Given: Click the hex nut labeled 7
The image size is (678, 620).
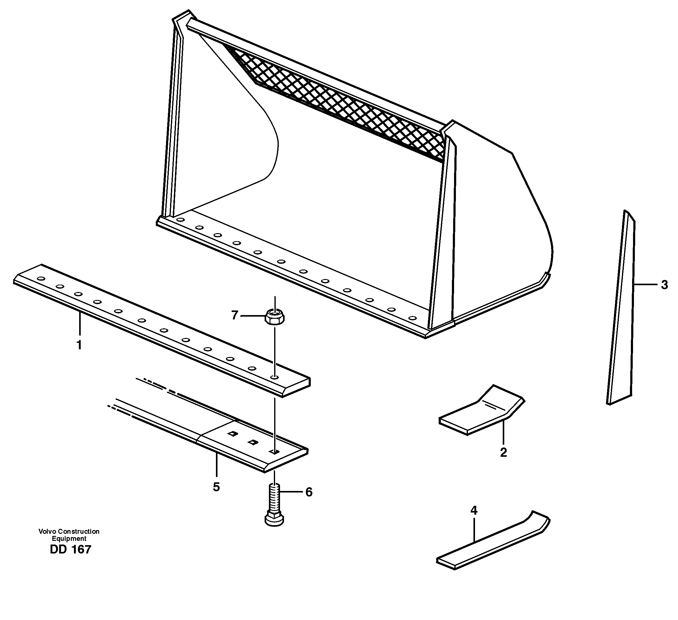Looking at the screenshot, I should click(x=275, y=317).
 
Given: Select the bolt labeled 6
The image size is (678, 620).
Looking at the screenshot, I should click(x=275, y=508).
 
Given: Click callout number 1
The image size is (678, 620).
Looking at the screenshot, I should click(x=79, y=345).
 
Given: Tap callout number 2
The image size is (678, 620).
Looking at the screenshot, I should click(x=503, y=452).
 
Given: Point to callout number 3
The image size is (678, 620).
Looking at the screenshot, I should click(x=664, y=285).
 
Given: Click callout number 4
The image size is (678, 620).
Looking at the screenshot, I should click(x=474, y=511).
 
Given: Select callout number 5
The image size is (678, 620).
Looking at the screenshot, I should click(x=216, y=487).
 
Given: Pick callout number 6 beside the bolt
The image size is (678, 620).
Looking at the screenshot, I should click(x=309, y=492).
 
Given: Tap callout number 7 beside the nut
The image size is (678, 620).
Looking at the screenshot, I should click(x=235, y=315).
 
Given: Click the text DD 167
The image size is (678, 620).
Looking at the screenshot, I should click(x=70, y=549).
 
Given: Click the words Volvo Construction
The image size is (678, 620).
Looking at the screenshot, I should click(x=69, y=532).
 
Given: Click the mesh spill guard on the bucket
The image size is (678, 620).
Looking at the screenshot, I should click(x=336, y=101).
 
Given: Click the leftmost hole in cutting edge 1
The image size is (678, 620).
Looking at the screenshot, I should click(x=41, y=278).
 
